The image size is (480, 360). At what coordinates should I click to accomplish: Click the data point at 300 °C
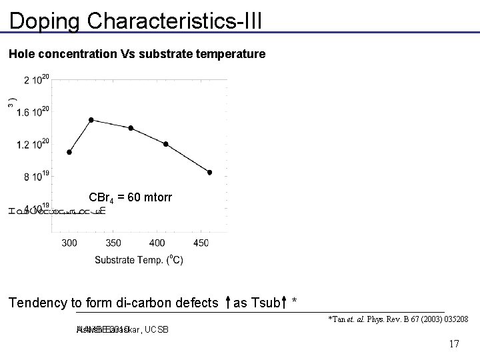tap(69, 152)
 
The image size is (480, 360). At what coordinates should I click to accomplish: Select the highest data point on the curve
tap(91, 120)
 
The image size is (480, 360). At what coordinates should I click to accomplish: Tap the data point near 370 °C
tap(131, 128)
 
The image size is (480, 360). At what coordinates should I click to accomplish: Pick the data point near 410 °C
tap(165, 143)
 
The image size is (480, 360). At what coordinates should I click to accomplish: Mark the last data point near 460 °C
tap(209, 172)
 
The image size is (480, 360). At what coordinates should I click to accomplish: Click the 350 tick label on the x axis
tap(113, 243)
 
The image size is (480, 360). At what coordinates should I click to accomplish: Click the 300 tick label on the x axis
tap(69, 243)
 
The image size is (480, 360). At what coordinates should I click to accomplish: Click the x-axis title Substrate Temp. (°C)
tap(139, 259)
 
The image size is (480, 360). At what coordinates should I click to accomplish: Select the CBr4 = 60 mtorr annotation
tap(131, 197)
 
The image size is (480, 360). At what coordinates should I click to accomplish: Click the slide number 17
tap(454, 344)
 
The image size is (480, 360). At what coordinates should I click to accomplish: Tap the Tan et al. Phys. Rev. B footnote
tap(398, 320)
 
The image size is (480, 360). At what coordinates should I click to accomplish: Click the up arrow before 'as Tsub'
tap(228, 304)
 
